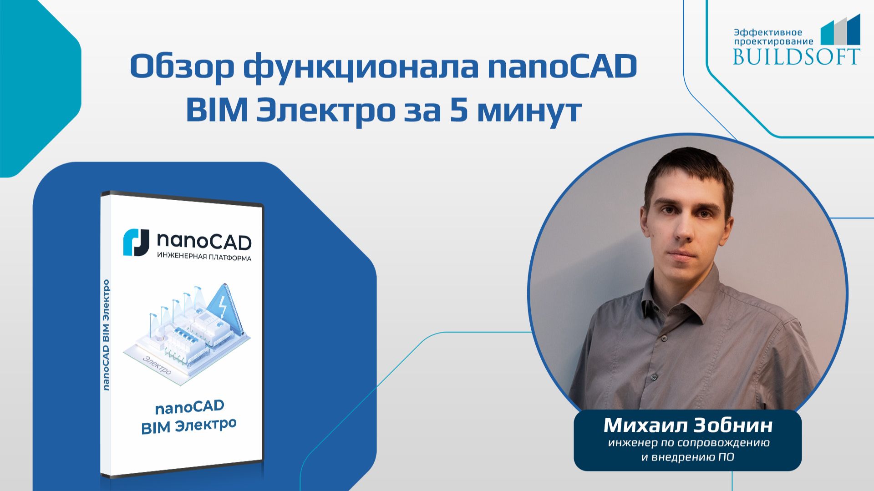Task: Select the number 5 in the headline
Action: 460,111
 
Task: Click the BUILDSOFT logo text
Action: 796,56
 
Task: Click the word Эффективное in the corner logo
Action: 768,32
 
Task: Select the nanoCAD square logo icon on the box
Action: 136,243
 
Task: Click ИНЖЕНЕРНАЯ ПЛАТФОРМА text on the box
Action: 204,258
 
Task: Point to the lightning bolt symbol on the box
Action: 223,307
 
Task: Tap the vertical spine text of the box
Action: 107,334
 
